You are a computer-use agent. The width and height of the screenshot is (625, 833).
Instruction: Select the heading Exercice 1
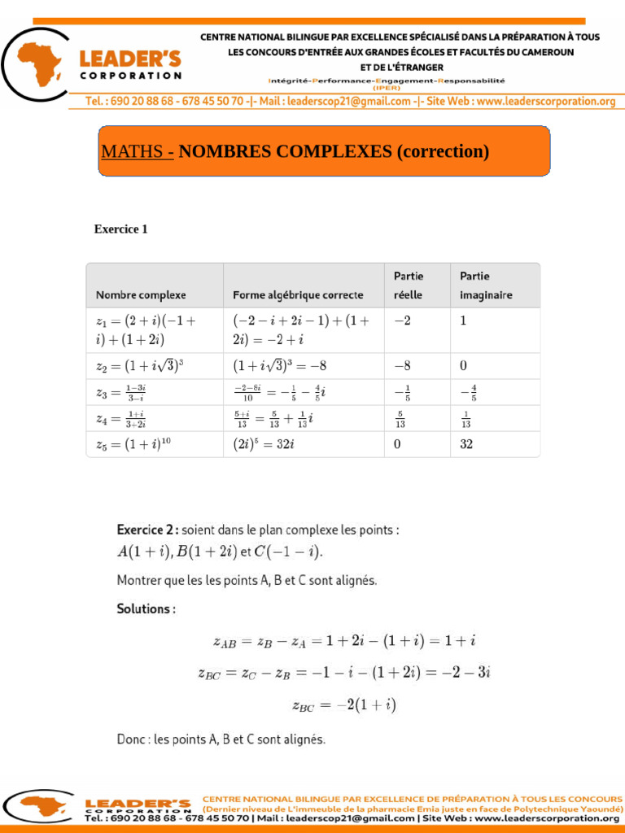click(121, 229)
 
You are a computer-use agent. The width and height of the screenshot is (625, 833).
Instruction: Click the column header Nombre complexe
click(141, 294)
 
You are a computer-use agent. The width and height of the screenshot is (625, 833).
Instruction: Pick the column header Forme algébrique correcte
click(298, 294)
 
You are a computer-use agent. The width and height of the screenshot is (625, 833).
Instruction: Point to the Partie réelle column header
click(409, 286)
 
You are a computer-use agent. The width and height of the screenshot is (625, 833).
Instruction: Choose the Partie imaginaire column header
click(486, 286)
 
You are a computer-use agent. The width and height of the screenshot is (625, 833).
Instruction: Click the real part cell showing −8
click(402, 366)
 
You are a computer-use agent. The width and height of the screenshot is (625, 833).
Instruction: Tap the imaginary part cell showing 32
click(466, 444)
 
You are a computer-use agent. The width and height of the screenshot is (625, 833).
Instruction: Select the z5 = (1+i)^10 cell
click(133, 444)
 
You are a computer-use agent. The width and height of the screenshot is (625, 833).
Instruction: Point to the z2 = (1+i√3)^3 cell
click(140, 366)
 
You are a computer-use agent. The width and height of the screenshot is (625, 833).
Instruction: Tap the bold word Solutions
click(146, 608)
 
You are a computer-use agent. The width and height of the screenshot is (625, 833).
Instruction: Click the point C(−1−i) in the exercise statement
click(288, 552)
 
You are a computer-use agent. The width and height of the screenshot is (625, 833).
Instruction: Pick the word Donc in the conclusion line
click(133, 739)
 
